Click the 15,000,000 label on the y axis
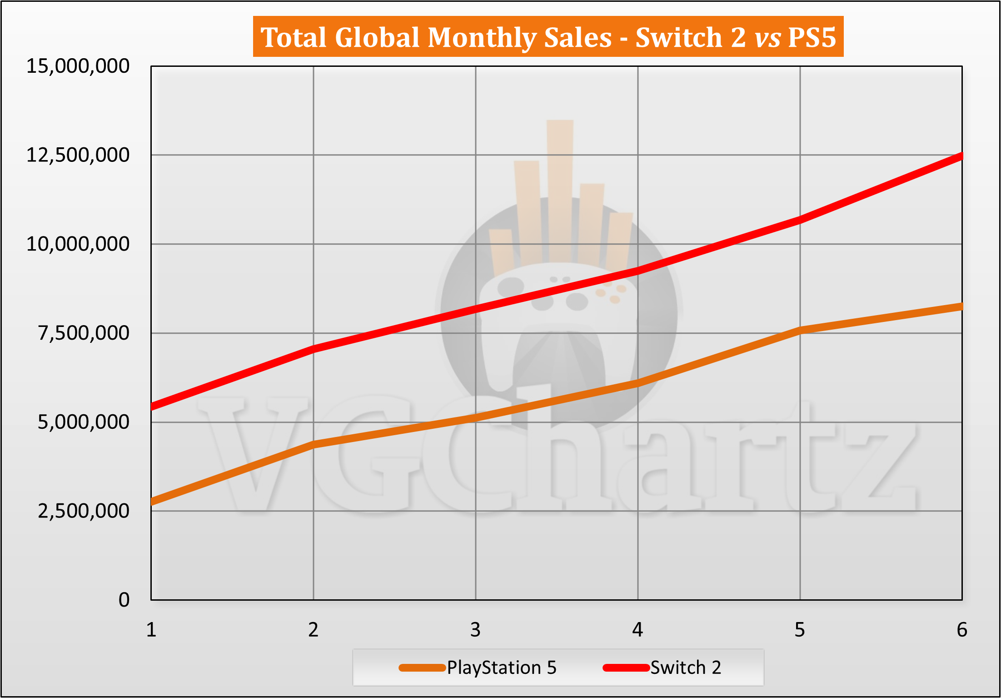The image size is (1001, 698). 78,66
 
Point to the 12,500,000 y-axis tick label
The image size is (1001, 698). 78,156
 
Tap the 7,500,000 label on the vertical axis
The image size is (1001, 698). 84,333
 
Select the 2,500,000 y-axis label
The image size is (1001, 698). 84,512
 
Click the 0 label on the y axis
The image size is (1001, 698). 124,600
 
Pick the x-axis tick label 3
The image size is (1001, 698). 475,630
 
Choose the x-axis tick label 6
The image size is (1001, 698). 961,630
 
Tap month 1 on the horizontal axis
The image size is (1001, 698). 151,630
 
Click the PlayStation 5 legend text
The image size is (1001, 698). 502,668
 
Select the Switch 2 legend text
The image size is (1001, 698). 686,668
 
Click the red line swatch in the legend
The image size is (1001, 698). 626,668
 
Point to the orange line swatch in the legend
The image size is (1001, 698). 422,668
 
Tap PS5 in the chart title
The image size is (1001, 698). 812,37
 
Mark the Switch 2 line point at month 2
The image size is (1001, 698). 314,349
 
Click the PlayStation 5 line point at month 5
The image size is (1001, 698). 800,330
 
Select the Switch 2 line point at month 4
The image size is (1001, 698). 638,271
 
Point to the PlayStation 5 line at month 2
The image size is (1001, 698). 314,444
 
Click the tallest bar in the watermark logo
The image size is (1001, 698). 560,191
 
